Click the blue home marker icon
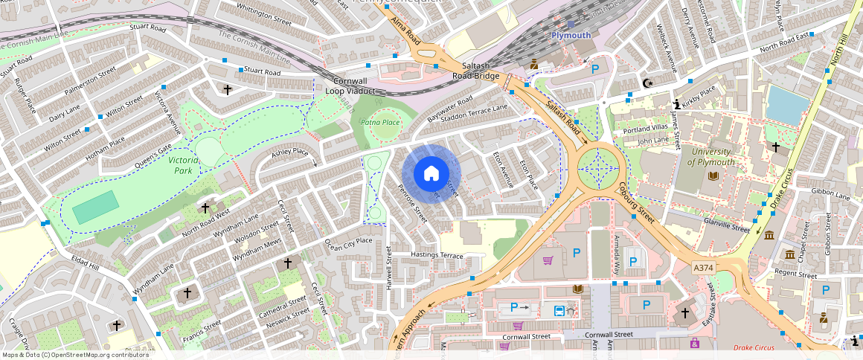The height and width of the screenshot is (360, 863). point(431,174)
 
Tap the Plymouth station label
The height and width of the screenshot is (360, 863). point(571,35)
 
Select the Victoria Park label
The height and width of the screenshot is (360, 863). point(183,165)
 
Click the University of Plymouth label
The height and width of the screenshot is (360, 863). point(711,157)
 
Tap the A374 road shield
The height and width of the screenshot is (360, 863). point(703,267)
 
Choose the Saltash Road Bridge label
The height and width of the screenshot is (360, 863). point(476,71)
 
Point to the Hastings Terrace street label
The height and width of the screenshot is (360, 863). point(437,255)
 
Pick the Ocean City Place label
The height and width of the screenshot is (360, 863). point(347,241)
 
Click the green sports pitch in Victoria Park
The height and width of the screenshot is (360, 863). point(95,208)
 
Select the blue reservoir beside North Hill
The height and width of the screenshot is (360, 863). point(787,105)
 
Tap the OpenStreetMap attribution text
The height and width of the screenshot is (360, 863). point(75,355)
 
